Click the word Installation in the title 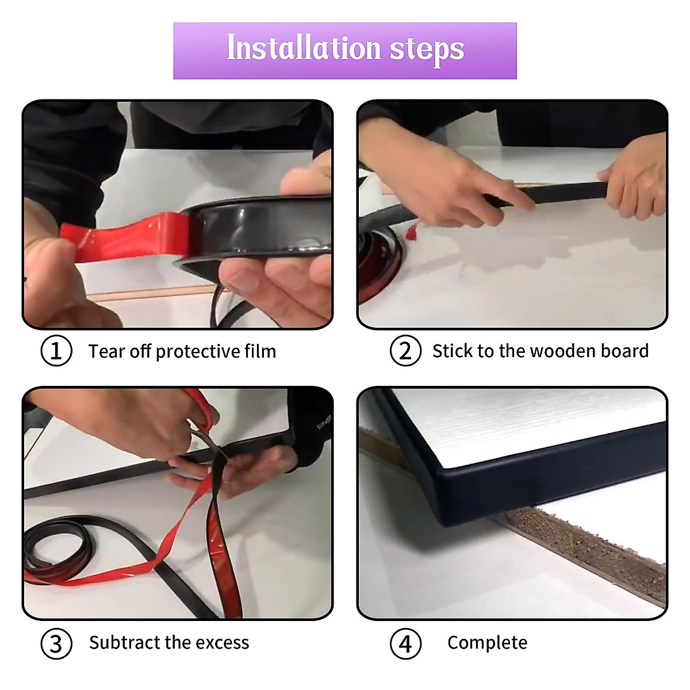click(304, 48)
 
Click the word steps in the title click(427, 51)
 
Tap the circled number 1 click(56, 351)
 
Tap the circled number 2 click(405, 351)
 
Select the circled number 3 click(56, 643)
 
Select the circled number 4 click(405, 643)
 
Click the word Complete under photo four click(488, 643)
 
